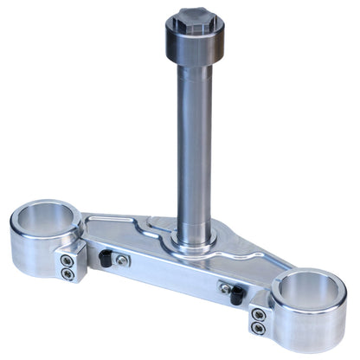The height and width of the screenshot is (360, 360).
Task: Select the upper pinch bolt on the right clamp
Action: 256,315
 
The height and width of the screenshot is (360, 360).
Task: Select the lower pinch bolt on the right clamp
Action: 256,328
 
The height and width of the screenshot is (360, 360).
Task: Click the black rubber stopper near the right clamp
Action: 235,294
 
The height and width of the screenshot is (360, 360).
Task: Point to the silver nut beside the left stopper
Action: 124,260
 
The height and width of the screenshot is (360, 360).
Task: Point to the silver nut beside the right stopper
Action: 223,287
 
